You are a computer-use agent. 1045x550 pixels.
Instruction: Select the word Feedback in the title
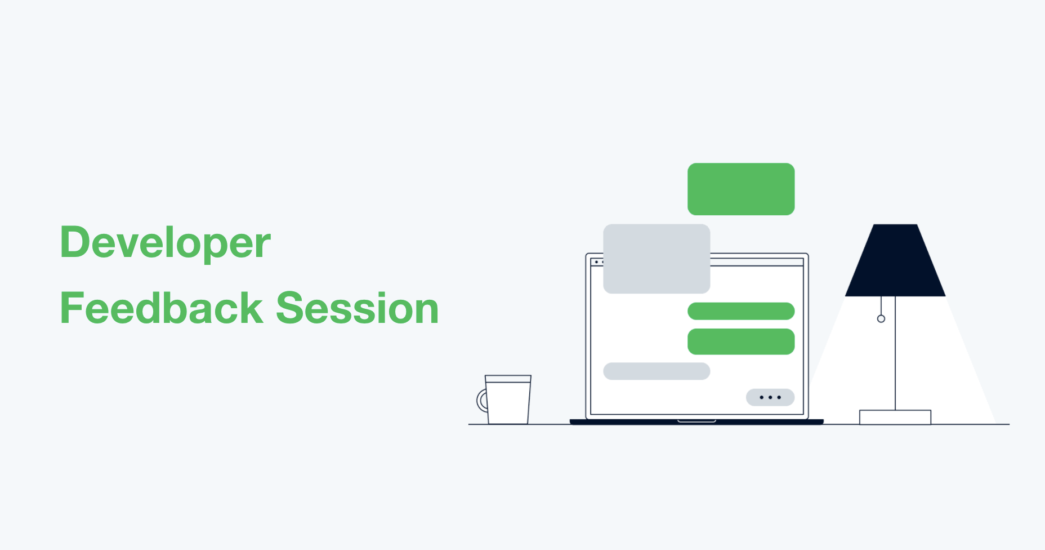coord(162,308)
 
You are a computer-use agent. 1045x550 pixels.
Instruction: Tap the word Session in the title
coord(358,308)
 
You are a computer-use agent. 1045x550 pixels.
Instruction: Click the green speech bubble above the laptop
coord(741,189)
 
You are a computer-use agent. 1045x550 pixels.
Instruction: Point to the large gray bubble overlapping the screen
coord(657,259)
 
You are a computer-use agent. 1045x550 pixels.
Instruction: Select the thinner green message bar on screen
coord(741,311)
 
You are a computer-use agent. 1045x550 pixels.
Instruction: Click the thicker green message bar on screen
coord(741,341)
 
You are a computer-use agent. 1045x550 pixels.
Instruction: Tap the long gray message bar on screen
coord(657,371)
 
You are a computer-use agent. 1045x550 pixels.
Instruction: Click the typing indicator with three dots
coord(770,397)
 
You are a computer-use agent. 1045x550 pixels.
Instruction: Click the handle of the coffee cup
coord(481,401)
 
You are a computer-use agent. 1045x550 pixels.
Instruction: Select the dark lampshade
coord(895,260)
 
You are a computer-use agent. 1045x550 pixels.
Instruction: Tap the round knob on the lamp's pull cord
coord(881,319)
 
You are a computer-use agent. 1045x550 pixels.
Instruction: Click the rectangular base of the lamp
coord(895,417)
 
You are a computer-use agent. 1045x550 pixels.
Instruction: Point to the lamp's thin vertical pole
coord(895,353)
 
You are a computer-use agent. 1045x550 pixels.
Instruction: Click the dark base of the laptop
coord(696,422)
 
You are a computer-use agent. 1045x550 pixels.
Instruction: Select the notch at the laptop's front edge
coord(696,420)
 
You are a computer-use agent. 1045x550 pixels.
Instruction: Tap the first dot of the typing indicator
coord(762,397)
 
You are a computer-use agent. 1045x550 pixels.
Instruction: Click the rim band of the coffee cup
coord(508,379)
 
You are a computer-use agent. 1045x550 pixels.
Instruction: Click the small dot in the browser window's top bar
coord(597,262)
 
